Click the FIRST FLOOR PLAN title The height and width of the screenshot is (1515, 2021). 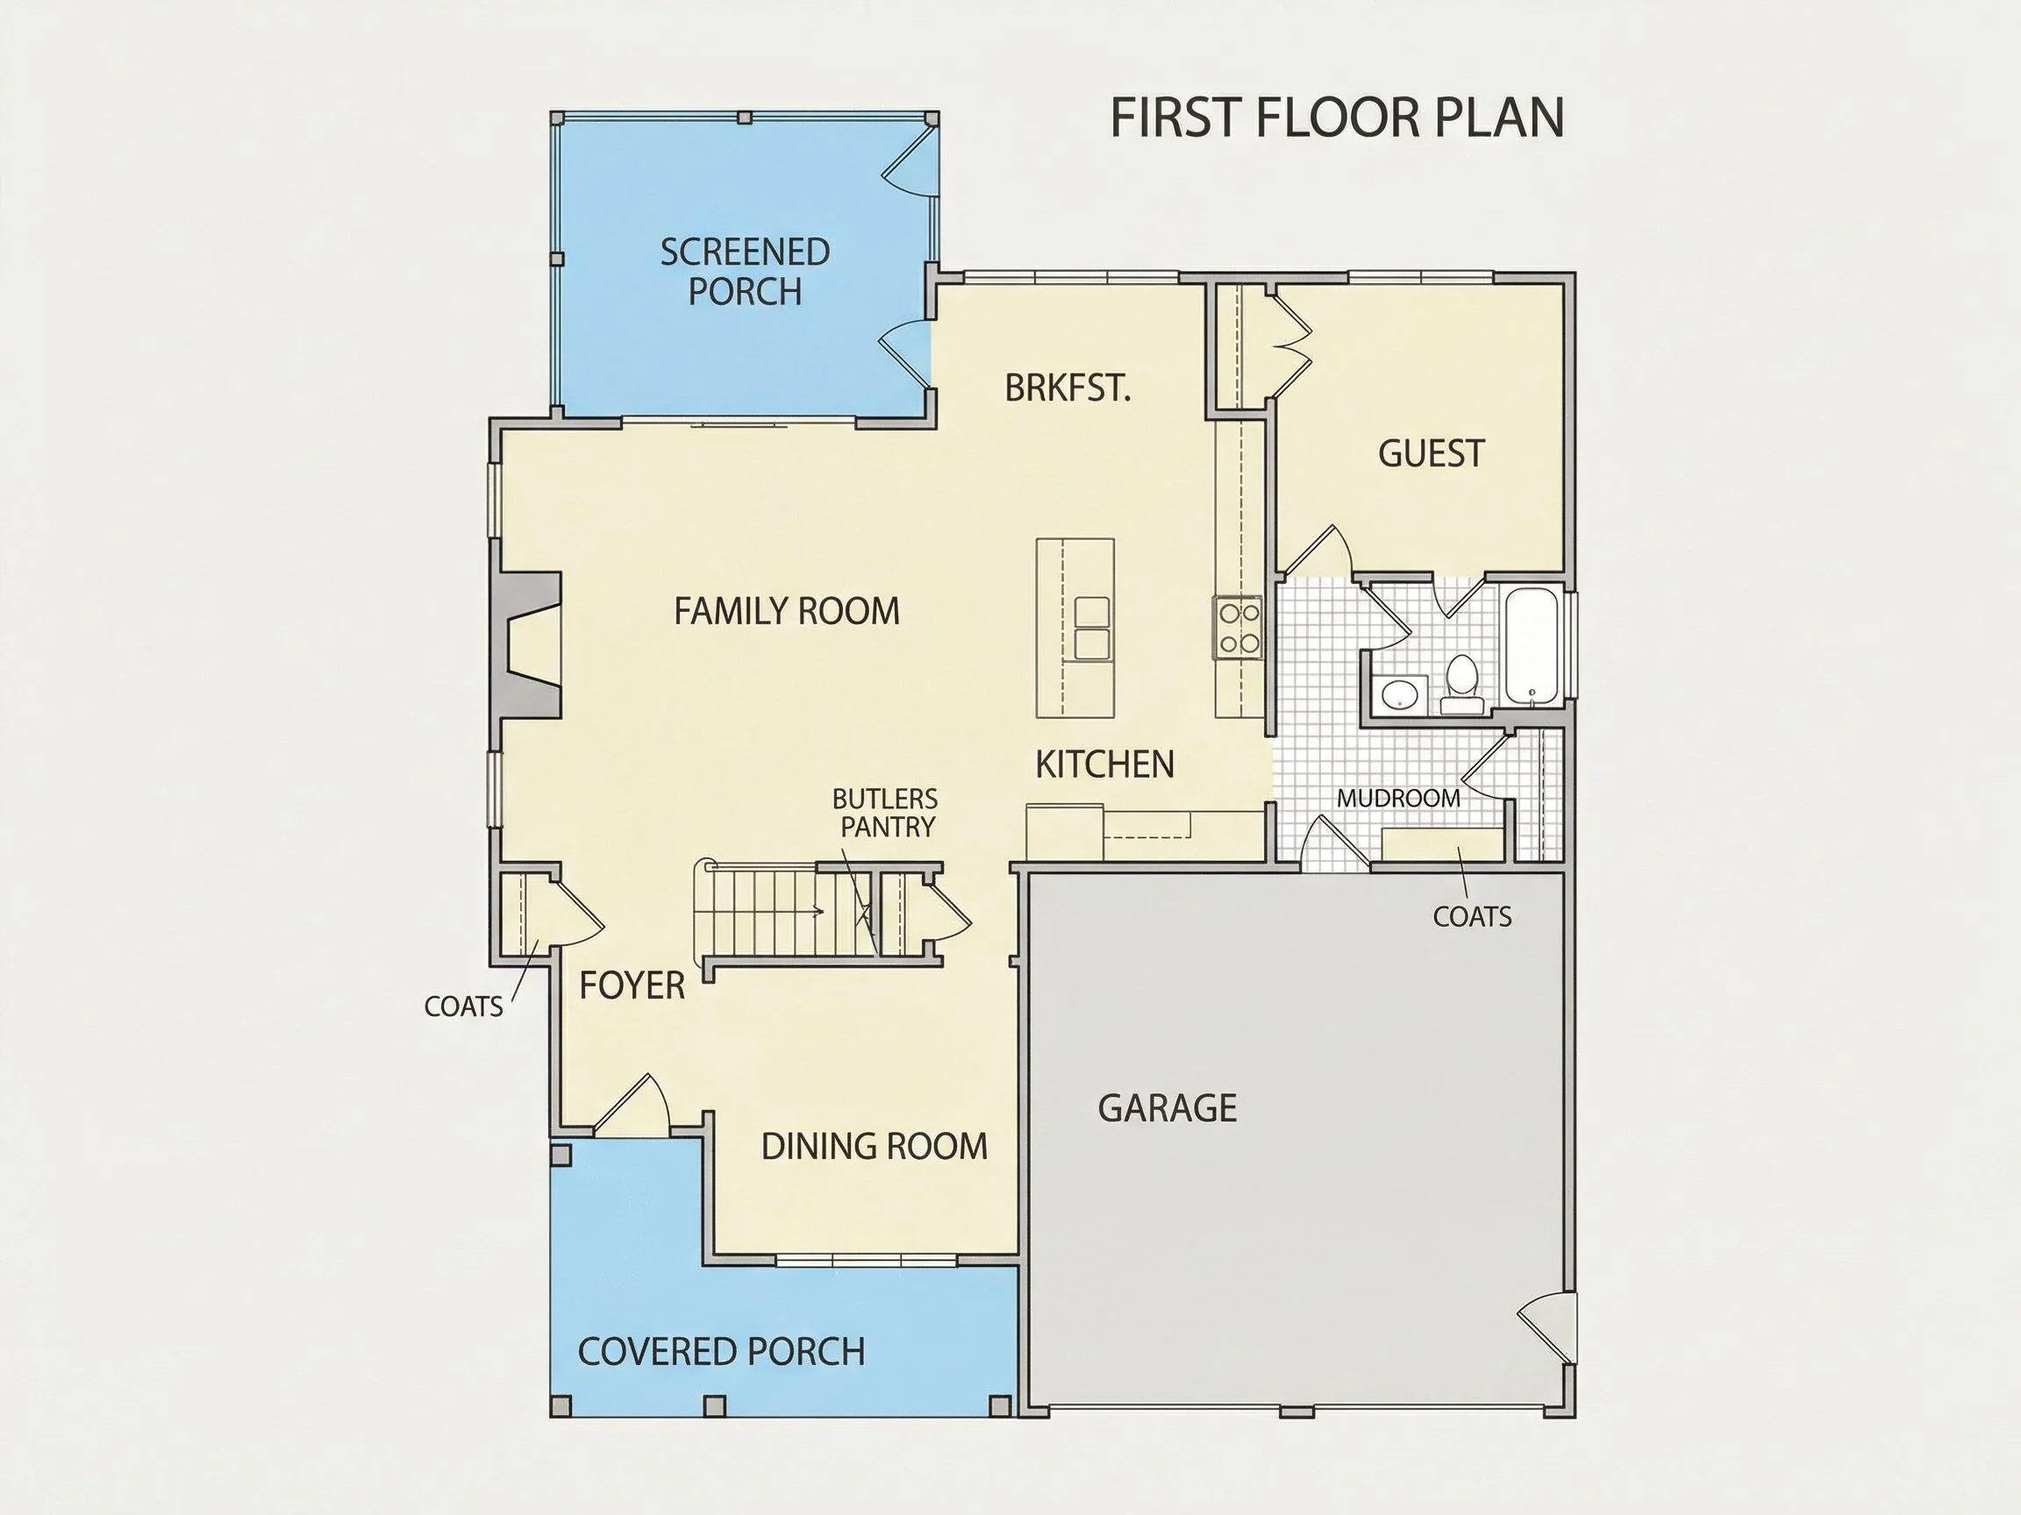pyautogui.click(x=1337, y=117)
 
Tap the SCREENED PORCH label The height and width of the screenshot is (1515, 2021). pyautogui.click(x=745, y=271)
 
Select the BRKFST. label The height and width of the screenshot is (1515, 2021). pyautogui.click(x=1068, y=388)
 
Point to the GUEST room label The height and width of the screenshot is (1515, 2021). pyautogui.click(x=1431, y=453)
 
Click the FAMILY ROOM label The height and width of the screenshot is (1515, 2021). pyautogui.click(x=787, y=611)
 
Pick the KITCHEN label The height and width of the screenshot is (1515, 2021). pyautogui.click(x=1104, y=765)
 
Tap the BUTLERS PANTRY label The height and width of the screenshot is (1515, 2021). pyautogui.click(x=884, y=813)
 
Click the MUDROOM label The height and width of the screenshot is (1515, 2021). pyautogui.click(x=1398, y=798)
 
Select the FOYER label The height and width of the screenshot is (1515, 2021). pyautogui.click(x=632, y=985)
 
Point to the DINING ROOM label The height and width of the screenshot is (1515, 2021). pyautogui.click(x=875, y=1146)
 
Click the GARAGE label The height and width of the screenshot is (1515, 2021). pyautogui.click(x=1167, y=1107)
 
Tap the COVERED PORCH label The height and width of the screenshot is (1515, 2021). pyautogui.click(x=721, y=1352)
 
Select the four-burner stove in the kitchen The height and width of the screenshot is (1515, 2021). pyautogui.click(x=1238, y=627)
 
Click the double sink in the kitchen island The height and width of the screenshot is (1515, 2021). pyautogui.click(x=1092, y=629)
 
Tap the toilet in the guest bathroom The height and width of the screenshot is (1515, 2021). pyautogui.click(x=1462, y=683)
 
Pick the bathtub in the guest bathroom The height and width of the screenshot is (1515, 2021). pyautogui.click(x=1532, y=646)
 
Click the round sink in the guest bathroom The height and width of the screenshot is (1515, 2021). pyautogui.click(x=1399, y=695)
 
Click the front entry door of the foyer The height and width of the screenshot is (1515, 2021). pyautogui.click(x=631, y=1106)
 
